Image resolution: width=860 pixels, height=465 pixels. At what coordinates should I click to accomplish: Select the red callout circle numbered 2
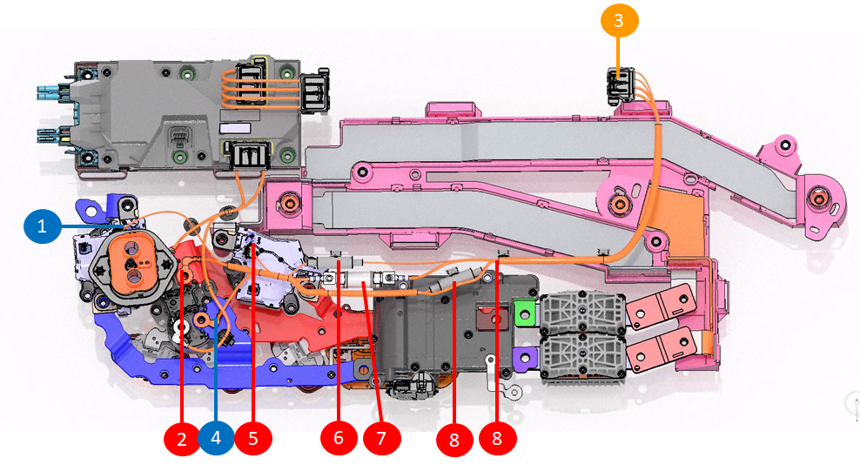tap(182, 438)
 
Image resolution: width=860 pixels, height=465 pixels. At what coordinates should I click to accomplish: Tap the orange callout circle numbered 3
tap(619, 22)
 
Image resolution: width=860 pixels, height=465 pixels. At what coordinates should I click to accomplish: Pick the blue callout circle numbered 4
tap(217, 438)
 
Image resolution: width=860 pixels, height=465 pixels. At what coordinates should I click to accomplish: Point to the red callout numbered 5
tap(253, 438)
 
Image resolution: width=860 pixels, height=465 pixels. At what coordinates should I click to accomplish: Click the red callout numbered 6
tap(339, 438)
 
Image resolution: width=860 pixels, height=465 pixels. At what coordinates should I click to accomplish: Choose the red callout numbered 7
tap(380, 438)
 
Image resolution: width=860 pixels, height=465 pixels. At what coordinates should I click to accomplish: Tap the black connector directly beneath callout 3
tap(620, 84)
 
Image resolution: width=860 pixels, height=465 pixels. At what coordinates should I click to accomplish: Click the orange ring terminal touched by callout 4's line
tap(201, 321)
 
